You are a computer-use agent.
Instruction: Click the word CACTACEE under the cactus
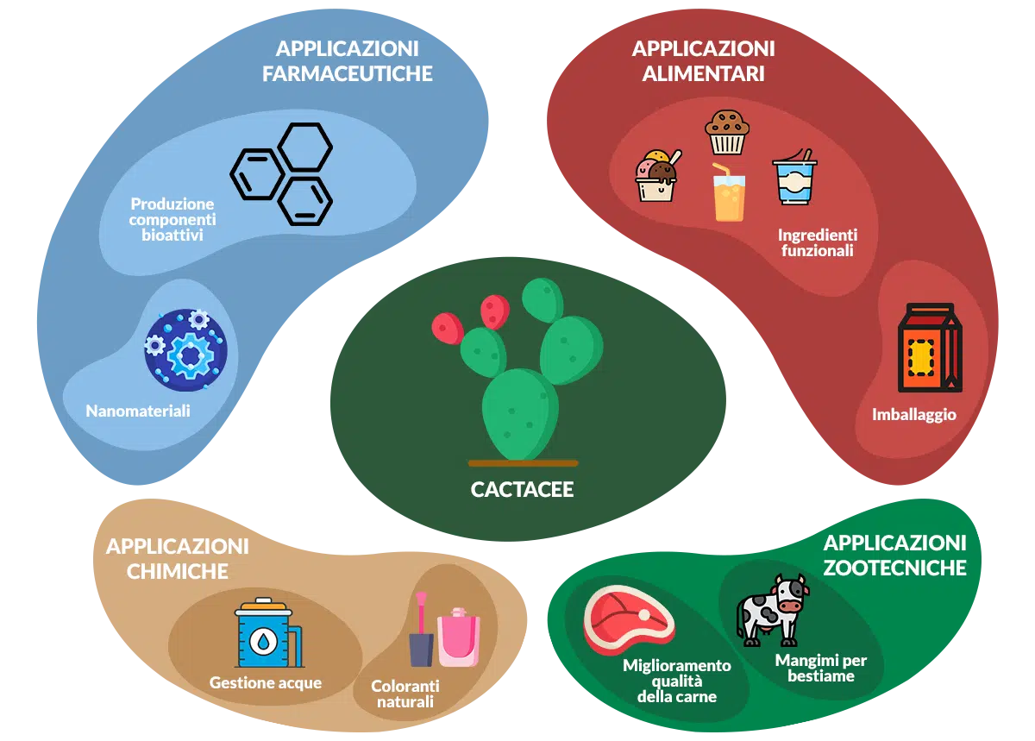pos(522,489)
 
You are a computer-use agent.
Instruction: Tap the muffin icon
pos(727,132)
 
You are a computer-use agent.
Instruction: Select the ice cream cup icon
pos(658,176)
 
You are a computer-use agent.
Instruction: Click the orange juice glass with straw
pos(728,192)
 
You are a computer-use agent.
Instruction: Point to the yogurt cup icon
pos(794,177)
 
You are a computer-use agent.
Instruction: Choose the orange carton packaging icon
pos(929,348)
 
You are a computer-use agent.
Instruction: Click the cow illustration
pos(773,610)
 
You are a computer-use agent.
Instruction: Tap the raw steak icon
pos(629,619)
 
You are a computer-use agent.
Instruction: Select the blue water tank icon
pos(269,633)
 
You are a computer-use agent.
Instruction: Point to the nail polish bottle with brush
pos(421,630)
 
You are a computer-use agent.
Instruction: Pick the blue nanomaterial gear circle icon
pos(185,350)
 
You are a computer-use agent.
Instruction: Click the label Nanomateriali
pos(138,411)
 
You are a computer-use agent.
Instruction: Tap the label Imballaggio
pos(914,415)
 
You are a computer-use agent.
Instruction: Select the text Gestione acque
pos(266,682)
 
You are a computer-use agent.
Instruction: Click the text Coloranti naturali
pos(405,694)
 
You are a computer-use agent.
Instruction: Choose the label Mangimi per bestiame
pos(820,668)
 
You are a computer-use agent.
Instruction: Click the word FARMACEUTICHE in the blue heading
pos(348,73)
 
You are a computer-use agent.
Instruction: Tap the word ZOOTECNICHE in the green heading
pos(894,568)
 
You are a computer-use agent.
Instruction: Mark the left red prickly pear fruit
pos(448,328)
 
